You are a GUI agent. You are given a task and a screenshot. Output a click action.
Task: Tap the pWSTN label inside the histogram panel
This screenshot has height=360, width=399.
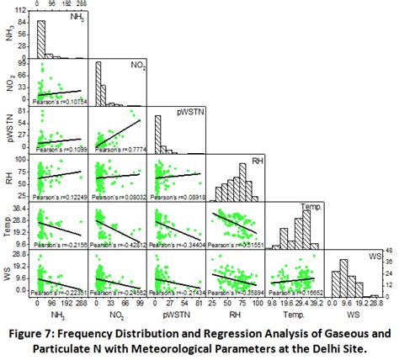(189, 111)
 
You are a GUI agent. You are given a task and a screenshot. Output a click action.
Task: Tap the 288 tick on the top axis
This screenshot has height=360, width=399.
(81, 4)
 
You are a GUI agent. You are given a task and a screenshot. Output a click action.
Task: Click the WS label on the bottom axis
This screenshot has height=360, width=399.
(350, 313)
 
